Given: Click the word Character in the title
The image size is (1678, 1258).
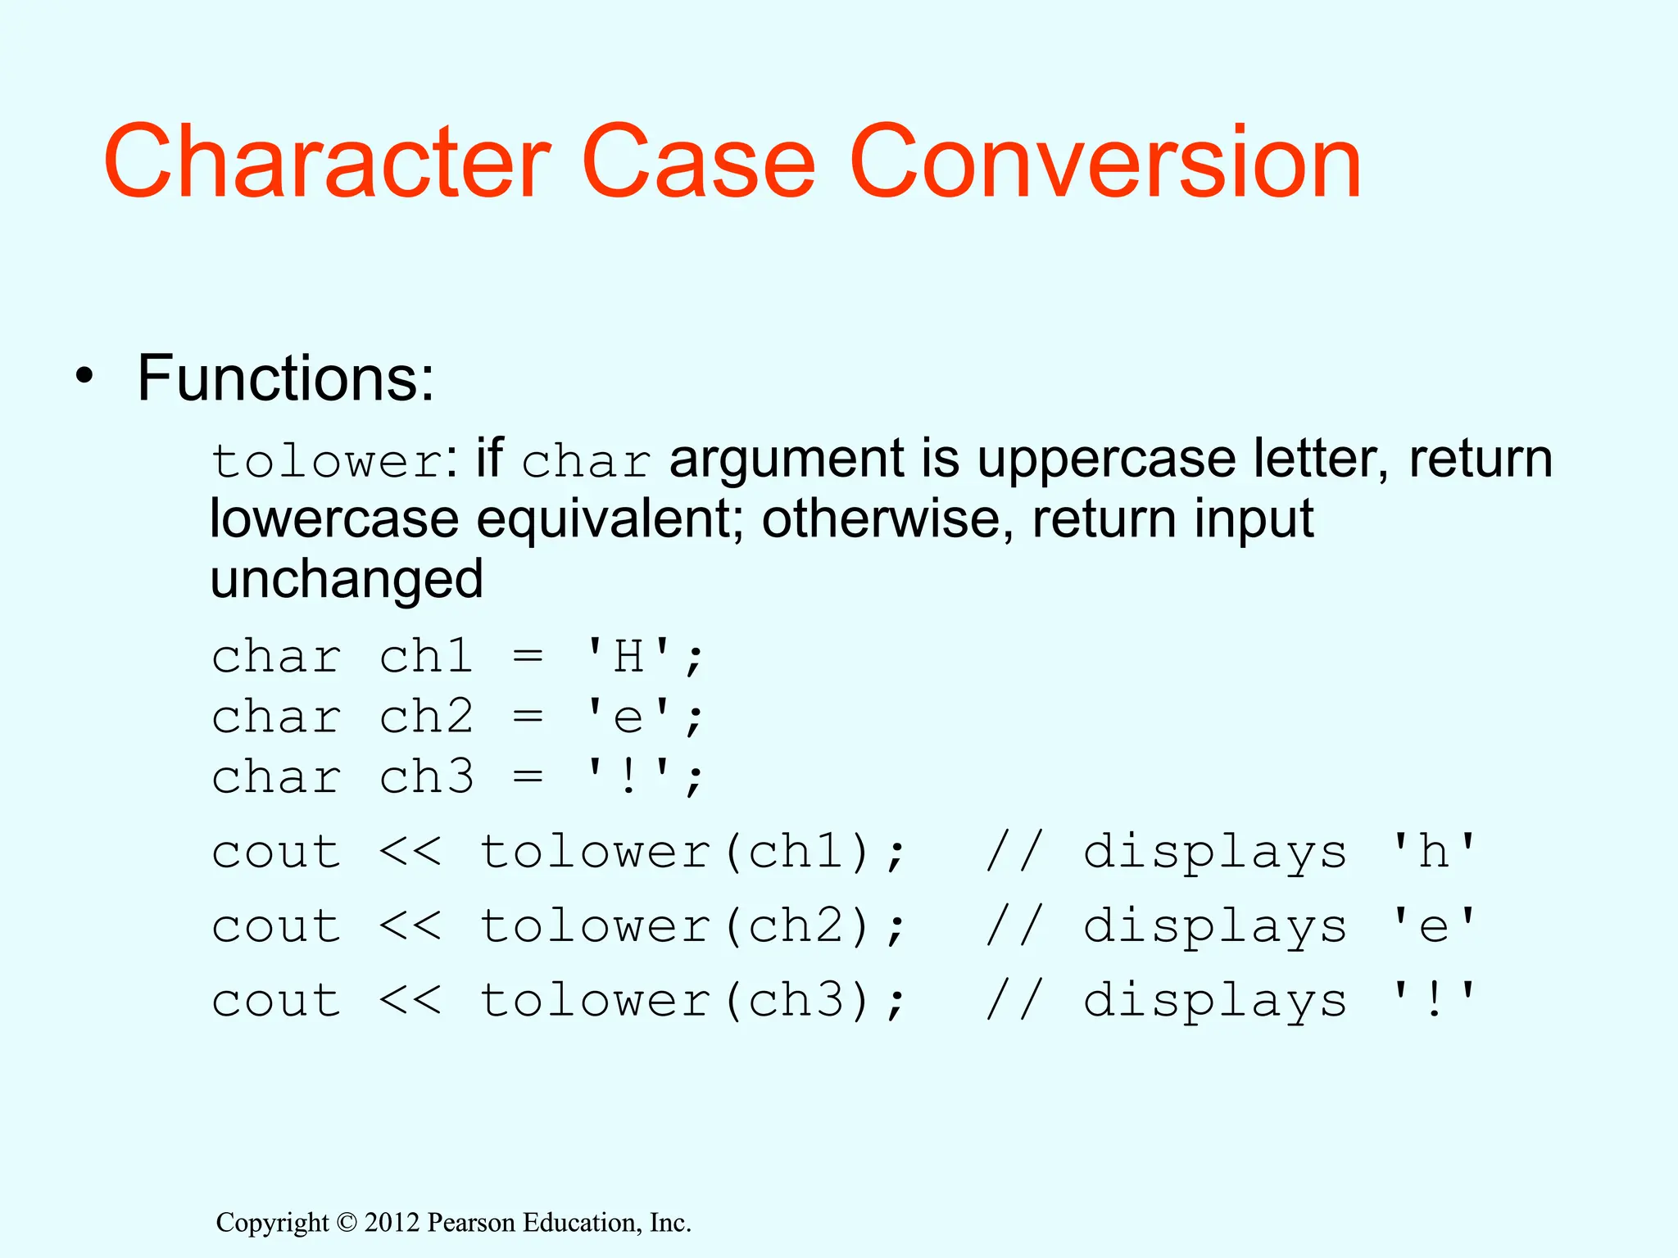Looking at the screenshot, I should [x=327, y=161].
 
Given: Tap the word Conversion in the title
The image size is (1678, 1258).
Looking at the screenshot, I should [x=1105, y=161].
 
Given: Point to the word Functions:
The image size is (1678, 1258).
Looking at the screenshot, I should [x=285, y=378].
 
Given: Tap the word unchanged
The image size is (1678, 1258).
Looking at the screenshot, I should [x=347, y=580].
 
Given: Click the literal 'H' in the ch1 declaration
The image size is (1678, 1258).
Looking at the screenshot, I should [x=628, y=657].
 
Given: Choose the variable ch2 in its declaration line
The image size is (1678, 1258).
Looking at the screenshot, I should [x=426, y=717].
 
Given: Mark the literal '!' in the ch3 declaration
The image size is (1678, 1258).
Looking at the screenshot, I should [x=628, y=776].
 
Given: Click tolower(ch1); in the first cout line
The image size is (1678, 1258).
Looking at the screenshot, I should [x=693, y=853].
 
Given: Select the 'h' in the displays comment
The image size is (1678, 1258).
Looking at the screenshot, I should [x=1434, y=853].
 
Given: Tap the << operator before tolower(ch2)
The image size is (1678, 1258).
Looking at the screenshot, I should [x=410, y=927].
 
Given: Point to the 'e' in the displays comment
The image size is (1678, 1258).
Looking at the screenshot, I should [x=1434, y=927].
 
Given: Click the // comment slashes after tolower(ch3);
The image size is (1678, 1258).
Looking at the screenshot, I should [x=1014, y=1001].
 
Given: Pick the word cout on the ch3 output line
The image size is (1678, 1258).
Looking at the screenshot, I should [x=276, y=1001].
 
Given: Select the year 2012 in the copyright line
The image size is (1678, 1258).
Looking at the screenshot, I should [x=392, y=1223].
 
